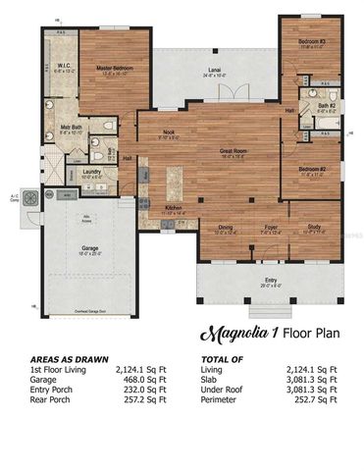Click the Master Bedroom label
coord(116,68)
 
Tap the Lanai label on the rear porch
coord(214,71)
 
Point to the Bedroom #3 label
coord(313,41)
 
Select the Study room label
coord(313,228)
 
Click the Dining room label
coord(225,228)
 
